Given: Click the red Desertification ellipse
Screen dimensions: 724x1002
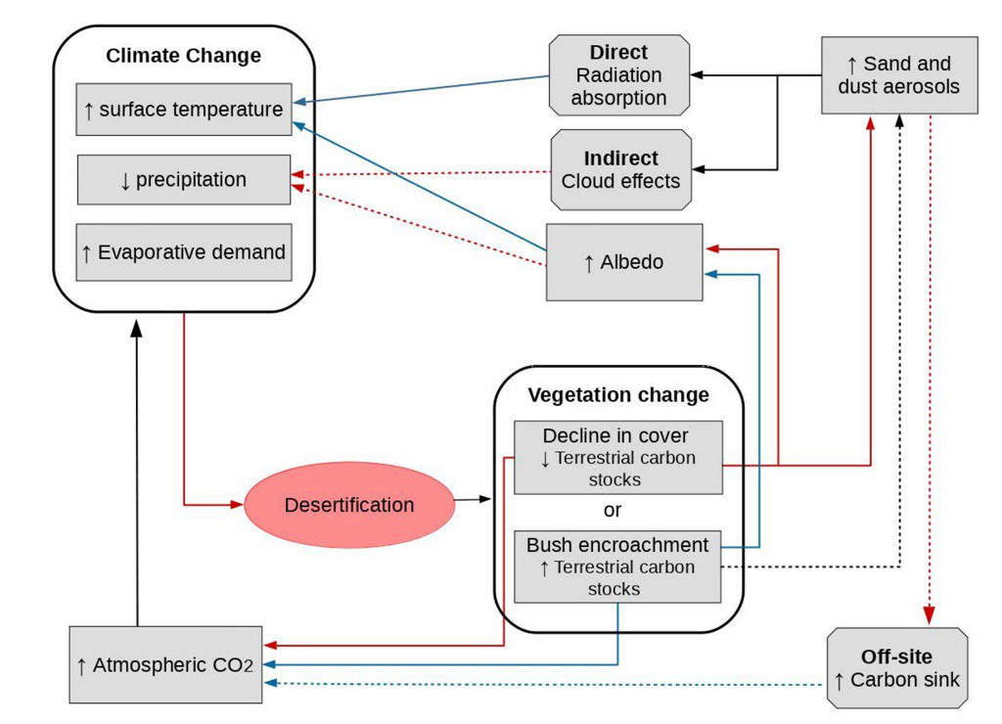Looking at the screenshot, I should click(348, 505).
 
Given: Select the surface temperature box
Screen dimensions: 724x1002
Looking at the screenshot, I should click(183, 110).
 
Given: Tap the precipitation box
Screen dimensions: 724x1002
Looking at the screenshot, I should click(183, 180).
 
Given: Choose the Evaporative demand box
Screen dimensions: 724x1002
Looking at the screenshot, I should click(183, 252).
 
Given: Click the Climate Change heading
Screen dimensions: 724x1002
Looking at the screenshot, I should click(183, 56).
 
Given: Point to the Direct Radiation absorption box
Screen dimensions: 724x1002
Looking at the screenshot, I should click(618, 75).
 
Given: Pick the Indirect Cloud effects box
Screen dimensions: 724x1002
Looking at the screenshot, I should click(620, 169).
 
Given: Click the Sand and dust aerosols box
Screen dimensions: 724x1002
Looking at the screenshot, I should click(898, 75).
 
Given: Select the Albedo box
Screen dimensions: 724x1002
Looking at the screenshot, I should click(623, 262).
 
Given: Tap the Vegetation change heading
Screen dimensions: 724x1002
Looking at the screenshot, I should click(617, 395).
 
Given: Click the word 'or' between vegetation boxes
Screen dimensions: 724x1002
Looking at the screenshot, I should click(613, 511).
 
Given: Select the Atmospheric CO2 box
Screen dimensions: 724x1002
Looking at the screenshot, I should click(165, 665).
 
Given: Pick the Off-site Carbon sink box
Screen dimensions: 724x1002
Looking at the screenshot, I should click(896, 668).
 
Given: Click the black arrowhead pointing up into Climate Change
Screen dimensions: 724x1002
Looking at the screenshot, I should click(137, 329).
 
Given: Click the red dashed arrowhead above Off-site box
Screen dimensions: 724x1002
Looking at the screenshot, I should click(929, 616).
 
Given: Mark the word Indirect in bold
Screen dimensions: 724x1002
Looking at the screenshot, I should click(620, 158).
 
